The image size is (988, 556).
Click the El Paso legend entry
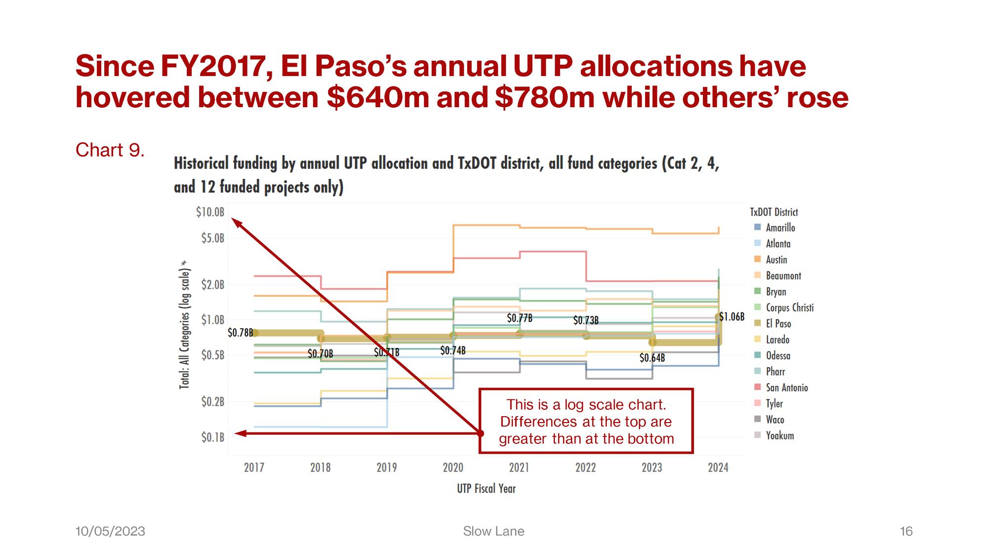click(778, 324)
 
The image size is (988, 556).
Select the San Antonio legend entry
click(786, 388)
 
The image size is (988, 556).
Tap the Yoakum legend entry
click(780, 436)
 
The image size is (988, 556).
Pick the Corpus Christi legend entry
click(789, 308)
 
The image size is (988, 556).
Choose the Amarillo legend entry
click(780, 228)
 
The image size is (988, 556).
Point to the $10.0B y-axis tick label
click(210, 212)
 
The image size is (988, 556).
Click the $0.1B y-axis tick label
click(212, 437)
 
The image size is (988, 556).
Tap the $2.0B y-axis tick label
click(212, 285)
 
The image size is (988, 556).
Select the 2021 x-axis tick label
click(519, 468)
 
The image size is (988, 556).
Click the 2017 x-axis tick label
click(254, 468)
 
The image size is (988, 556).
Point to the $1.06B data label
click(732, 317)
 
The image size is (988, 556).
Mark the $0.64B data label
click(652, 358)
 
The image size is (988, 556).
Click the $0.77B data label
click(520, 318)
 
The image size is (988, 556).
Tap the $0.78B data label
click(240, 333)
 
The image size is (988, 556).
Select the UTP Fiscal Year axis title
click(486, 489)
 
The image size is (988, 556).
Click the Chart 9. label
click(110, 150)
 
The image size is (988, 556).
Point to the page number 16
click(906, 531)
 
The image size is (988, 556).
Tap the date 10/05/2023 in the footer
click(110, 531)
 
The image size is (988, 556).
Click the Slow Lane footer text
click(494, 531)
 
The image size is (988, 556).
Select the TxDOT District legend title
click(774, 213)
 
